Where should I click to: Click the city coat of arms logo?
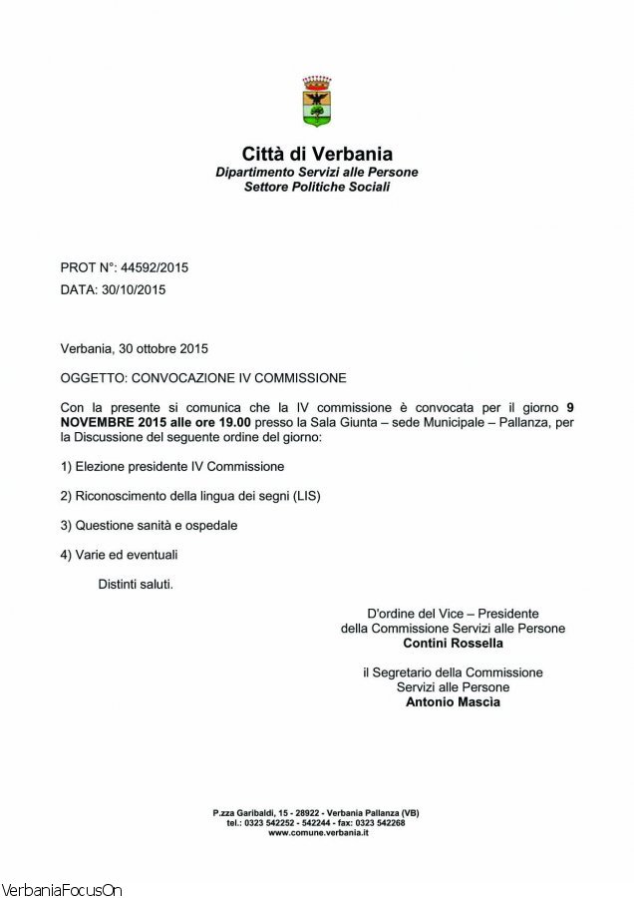pos(317,101)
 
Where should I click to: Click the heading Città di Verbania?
pos(317,154)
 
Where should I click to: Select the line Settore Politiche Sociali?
pos(317,187)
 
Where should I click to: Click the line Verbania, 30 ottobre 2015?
pos(135,348)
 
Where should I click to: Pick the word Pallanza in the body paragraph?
pos(508,422)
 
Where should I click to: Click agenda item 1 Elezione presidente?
pos(172,466)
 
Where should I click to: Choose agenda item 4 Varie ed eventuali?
pos(120,555)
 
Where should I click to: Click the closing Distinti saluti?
pos(136,584)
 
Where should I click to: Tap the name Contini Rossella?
pos(453,644)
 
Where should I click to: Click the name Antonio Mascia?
pos(453,701)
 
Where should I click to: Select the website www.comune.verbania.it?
pos(318,832)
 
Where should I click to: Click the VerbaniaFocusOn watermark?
pos(62,889)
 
